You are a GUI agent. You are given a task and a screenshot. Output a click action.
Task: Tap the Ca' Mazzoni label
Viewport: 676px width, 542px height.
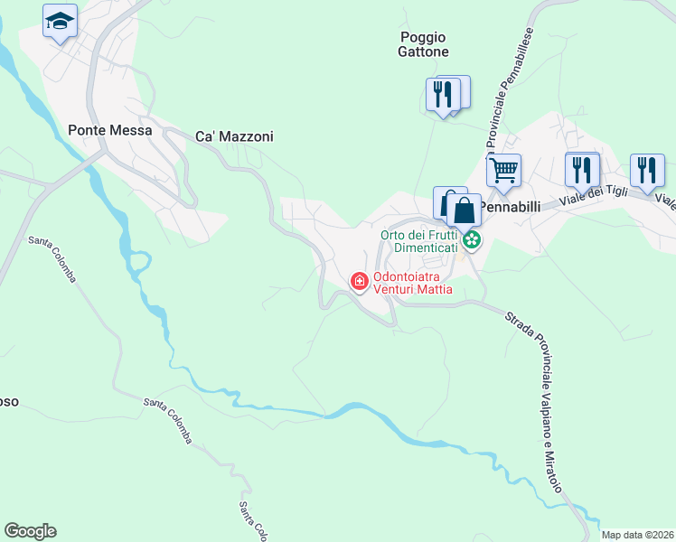pyautogui.click(x=234, y=136)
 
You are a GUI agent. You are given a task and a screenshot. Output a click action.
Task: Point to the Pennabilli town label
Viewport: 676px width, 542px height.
pyautogui.click(x=509, y=206)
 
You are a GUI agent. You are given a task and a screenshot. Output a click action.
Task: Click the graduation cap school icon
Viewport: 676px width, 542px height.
pyautogui.click(x=61, y=22)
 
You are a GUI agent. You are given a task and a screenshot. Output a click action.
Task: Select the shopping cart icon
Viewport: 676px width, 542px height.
pyautogui.click(x=503, y=169)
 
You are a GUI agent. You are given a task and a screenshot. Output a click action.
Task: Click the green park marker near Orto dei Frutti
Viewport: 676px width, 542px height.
pyautogui.click(x=471, y=240)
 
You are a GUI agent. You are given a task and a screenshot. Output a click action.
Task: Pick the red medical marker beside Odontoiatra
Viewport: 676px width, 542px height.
pyautogui.click(x=359, y=283)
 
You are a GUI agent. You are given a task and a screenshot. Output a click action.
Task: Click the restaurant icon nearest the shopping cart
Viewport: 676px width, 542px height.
pyautogui.click(x=582, y=169)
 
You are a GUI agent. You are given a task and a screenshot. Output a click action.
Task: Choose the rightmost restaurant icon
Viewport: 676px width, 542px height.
pyautogui.click(x=647, y=169)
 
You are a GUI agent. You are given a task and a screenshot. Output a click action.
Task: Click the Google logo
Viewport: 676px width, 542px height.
pyautogui.click(x=30, y=531)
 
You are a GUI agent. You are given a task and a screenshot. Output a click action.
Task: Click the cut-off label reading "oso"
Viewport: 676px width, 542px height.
pyautogui.click(x=9, y=401)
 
